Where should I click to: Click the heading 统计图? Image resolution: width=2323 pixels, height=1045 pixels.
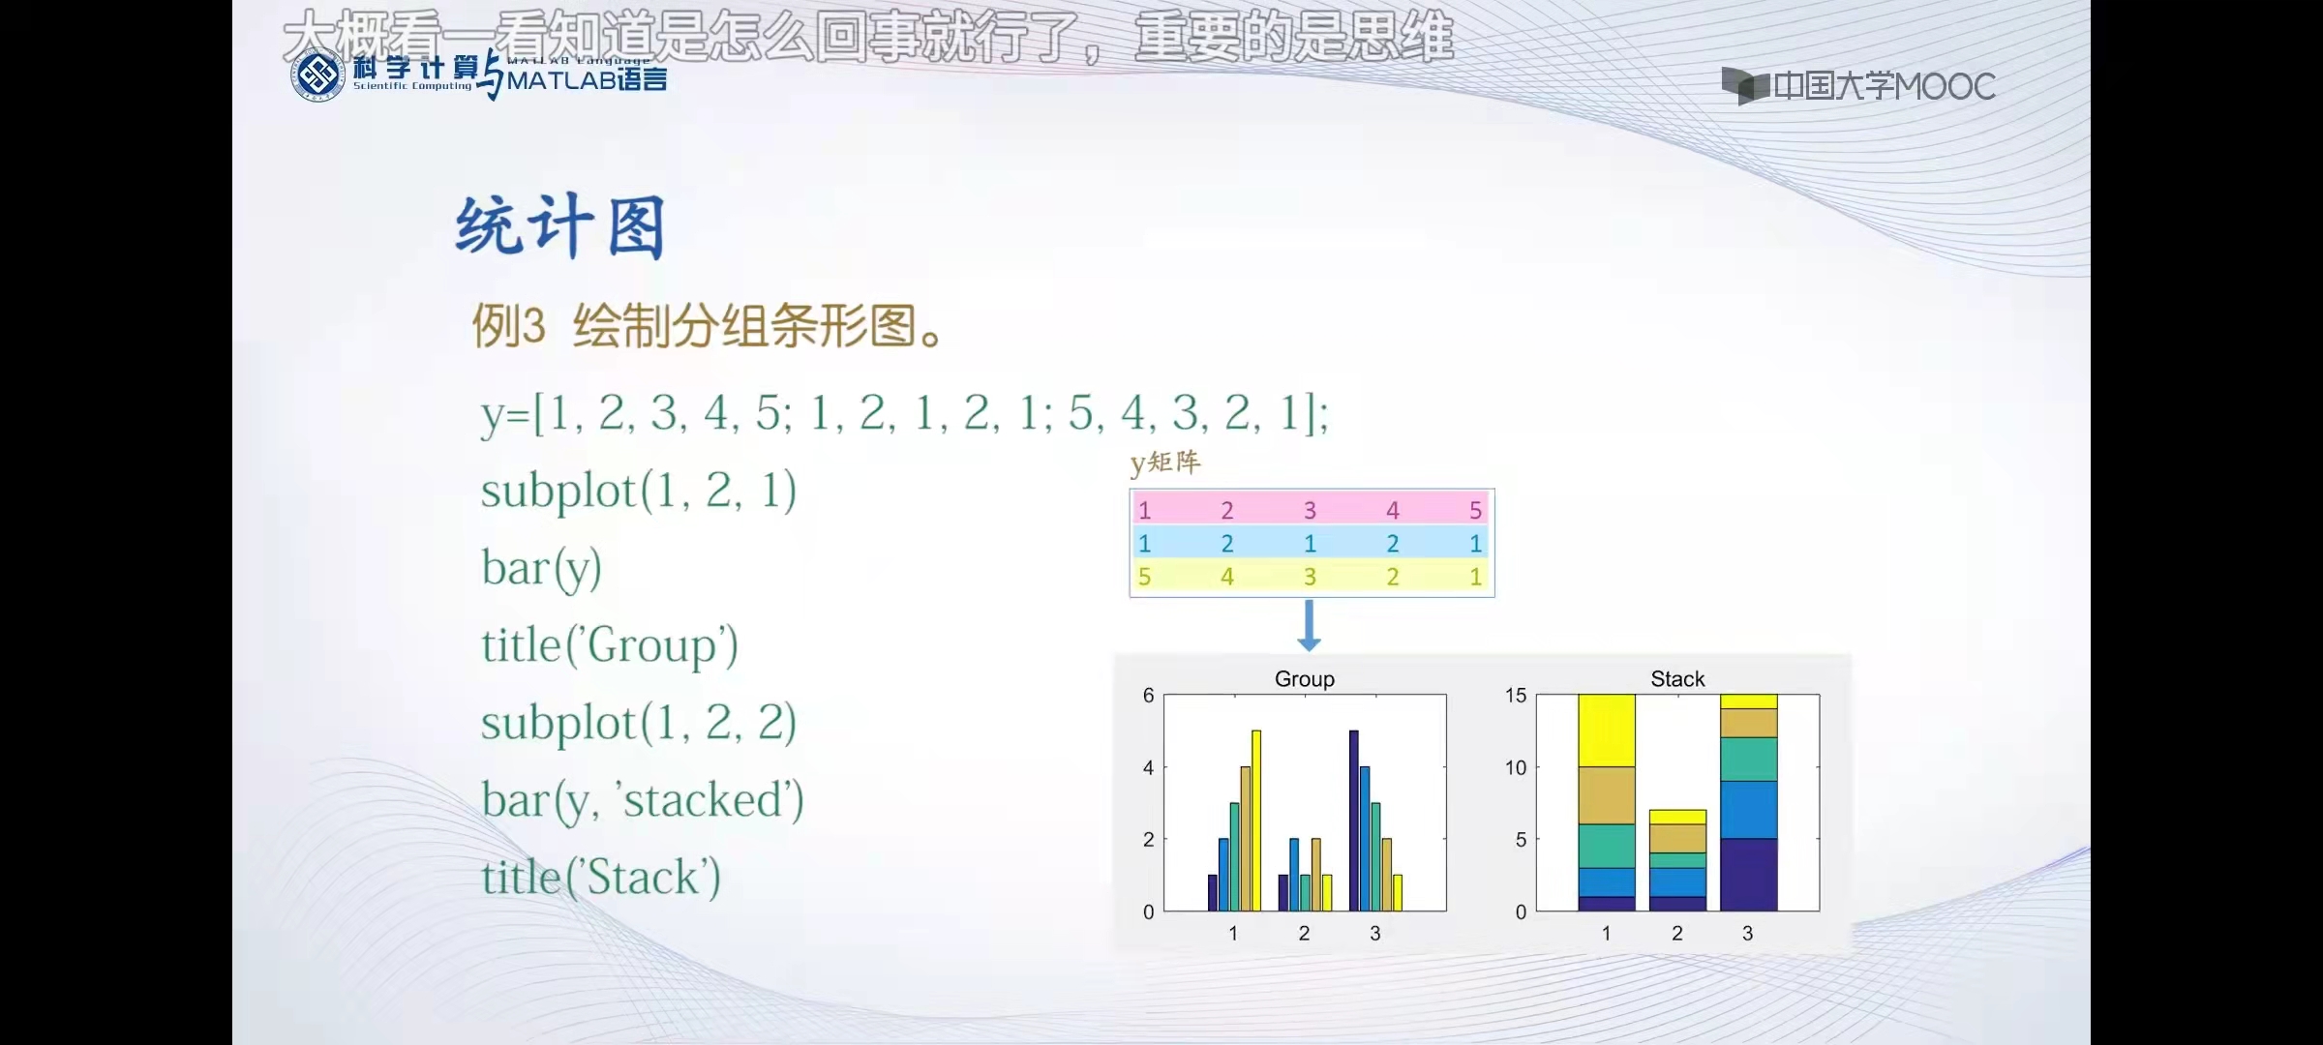[560, 226]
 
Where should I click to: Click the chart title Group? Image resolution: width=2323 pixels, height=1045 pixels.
[1304, 678]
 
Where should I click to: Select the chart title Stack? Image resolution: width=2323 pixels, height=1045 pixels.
[1676, 678]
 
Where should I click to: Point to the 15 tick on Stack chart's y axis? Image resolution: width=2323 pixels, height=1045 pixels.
[1515, 695]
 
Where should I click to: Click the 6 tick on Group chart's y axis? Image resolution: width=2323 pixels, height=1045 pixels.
[1148, 695]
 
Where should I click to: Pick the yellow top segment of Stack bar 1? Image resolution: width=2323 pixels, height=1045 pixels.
[1606, 731]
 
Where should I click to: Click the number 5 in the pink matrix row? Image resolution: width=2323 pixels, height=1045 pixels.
[1474, 510]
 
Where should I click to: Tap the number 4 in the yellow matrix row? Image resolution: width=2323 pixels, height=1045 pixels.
[1226, 577]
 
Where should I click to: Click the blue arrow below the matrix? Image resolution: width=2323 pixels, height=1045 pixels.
[1309, 625]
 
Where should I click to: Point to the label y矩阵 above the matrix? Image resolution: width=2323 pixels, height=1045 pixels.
[1165, 463]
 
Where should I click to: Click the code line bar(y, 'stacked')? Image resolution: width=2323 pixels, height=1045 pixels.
[643, 800]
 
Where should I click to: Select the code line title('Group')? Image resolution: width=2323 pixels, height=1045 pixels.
[610, 645]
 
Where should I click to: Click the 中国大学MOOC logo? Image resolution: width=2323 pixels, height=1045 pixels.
[1858, 86]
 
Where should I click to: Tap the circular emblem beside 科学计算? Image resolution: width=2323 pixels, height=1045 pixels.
[317, 75]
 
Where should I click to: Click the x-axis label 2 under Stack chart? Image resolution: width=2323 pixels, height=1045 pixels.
[1676, 933]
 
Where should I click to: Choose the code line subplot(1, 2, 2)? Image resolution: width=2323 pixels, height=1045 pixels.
[639, 723]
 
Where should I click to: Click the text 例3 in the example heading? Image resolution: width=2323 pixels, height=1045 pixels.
[508, 326]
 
